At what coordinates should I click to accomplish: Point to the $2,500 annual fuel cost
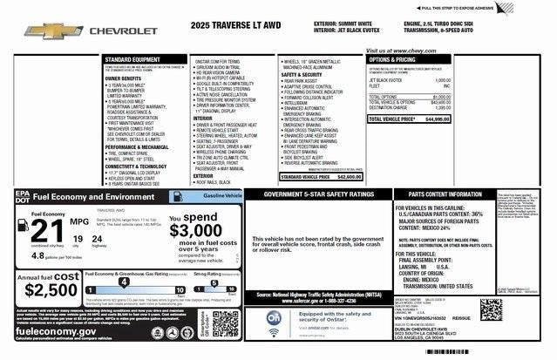42,288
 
